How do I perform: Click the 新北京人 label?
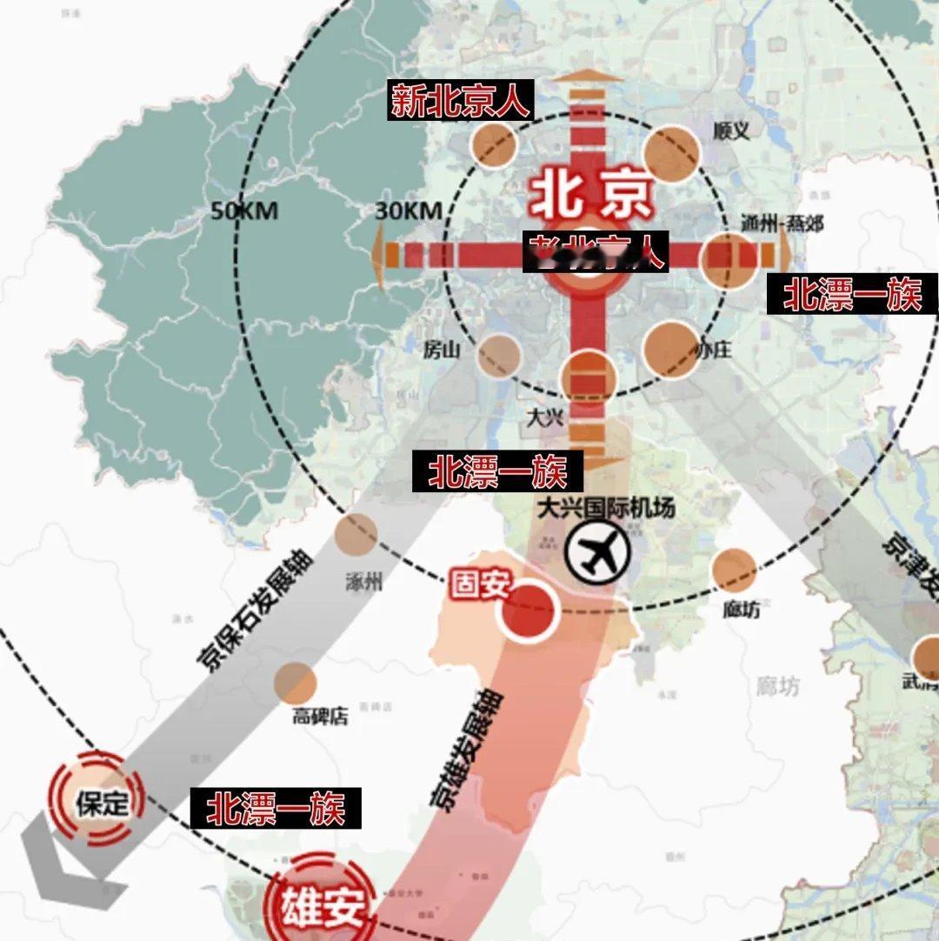(x=459, y=102)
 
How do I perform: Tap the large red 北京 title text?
(x=590, y=197)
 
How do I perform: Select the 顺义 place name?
(x=730, y=130)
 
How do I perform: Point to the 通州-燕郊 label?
(x=782, y=223)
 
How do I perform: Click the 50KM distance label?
(x=243, y=210)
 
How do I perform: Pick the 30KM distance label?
(x=409, y=210)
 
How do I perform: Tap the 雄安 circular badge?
(x=321, y=906)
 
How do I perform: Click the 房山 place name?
(x=440, y=350)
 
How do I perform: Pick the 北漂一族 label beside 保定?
(x=276, y=809)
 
